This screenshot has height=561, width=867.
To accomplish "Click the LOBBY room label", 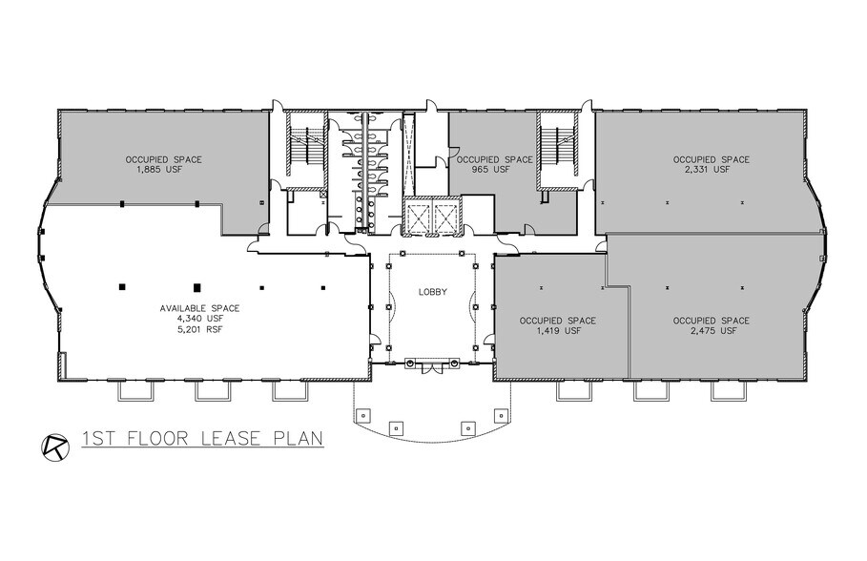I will point(432,293).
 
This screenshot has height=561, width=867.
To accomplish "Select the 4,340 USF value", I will point(199,320).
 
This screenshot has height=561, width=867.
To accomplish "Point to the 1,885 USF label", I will point(164,170).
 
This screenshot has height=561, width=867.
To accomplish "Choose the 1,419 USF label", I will point(558,331).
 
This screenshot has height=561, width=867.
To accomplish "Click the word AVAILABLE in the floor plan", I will point(182,308).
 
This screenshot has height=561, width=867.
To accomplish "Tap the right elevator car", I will point(445,218).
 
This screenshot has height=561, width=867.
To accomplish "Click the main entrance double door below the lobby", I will point(432,364).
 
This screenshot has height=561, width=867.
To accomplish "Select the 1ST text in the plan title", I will point(99,439).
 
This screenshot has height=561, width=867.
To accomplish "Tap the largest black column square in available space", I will point(196,286).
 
